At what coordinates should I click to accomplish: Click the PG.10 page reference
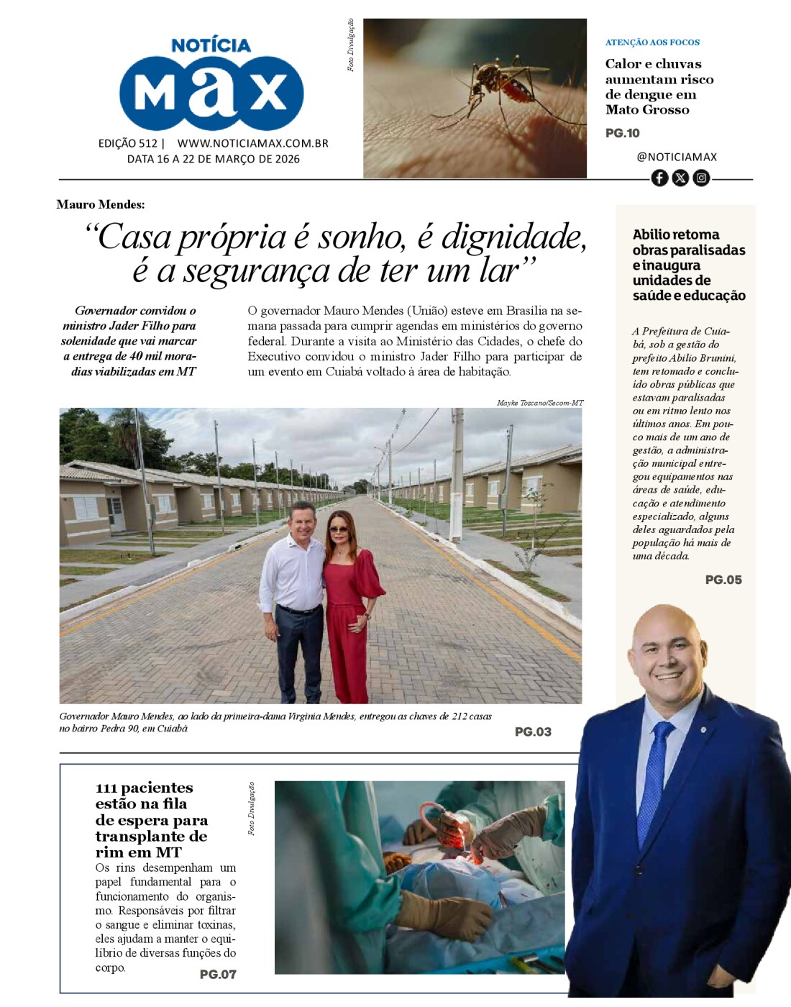pyautogui.click(x=622, y=133)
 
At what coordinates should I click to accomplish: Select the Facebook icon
pyautogui.click(x=659, y=178)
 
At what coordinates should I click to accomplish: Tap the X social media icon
pyautogui.click(x=680, y=178)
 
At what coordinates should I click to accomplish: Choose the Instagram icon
pyautogui.click(x=701, y=178)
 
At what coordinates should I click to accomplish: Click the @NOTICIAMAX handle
pyautogui.click(x=677, y=157)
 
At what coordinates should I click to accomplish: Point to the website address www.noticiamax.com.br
pyautogui.click(x=252, y=143)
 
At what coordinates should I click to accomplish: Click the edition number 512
pyautogui.click(x=148, y=143)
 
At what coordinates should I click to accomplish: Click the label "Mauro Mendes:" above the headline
pyautogui.click(x=101, y=204)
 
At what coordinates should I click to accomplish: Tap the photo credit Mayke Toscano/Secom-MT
pyautogui.click(x=540, y=403)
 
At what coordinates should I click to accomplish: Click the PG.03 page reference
pyautogui.click(x=533, y=732)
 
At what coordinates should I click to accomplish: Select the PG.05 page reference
pyautogui.click(x=723, y=580)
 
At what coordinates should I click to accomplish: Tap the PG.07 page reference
pyautogui.click(x=218, y=974)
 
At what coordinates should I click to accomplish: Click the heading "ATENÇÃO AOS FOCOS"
pyautogui.click(x=652, y=42)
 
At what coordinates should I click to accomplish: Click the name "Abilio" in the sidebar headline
pyautogui.click(x=652, y=234)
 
